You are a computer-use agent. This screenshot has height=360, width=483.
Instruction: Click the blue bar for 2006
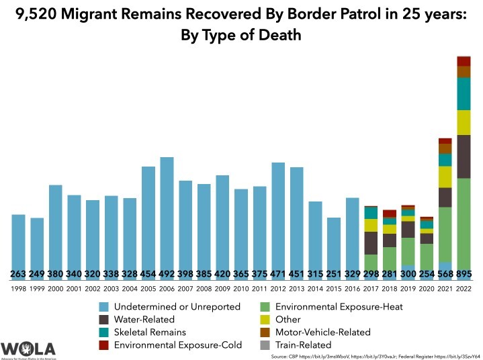[x=167, y=215]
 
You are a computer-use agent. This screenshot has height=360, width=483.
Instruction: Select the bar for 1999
[x=37, y=245]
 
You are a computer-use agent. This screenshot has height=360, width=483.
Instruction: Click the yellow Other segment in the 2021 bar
[x=445, y=177]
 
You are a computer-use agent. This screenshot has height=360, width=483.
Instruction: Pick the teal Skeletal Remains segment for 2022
[x=464, y=94]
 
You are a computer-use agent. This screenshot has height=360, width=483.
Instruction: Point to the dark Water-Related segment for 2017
[x=371, y=242]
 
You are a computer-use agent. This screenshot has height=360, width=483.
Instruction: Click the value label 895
[x=464, y=273]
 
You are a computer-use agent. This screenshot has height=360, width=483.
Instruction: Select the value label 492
[x=167, y=273]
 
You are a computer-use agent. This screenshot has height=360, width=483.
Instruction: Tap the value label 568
[x=445, y=273]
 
